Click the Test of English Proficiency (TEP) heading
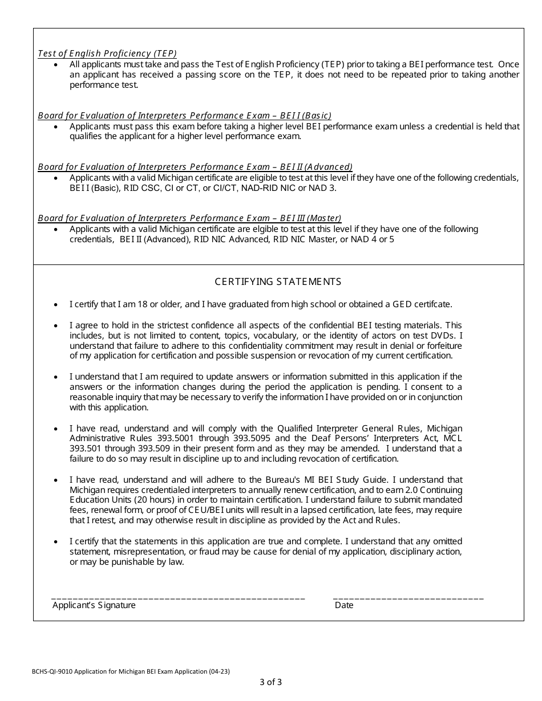107,54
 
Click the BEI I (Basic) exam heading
184,115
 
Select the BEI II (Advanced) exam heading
195,166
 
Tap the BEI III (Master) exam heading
189,218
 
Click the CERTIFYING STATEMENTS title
278,282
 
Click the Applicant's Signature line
178,598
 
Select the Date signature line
408,598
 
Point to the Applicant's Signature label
94,605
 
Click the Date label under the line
344,605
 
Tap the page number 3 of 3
270,682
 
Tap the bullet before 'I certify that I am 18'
55,305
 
